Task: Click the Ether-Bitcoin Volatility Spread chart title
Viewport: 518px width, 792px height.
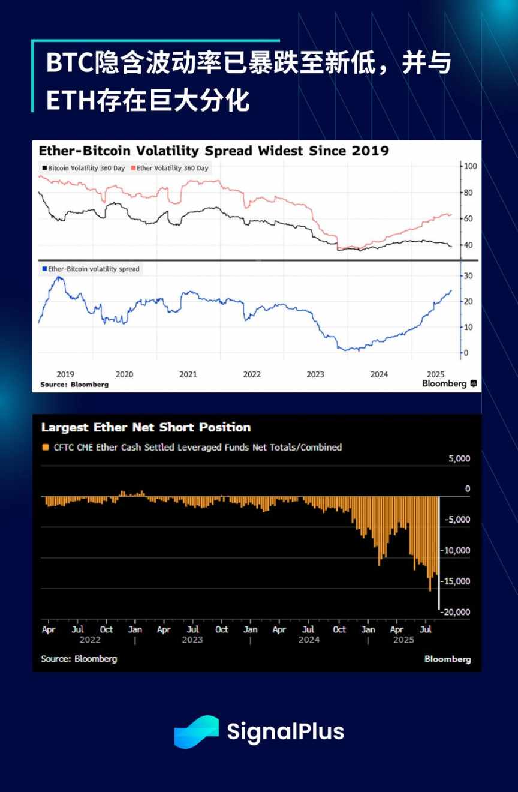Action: [x=213, y=151]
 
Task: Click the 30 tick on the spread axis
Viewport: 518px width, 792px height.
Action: [x=468, y=275]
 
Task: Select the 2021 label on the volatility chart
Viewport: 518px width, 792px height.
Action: [x=188, y=374]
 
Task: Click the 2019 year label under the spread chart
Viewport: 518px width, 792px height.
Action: [x=65, y=374]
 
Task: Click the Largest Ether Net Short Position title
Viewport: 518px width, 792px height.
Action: [x=146, y=427]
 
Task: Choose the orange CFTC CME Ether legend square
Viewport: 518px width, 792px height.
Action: [x=45, y=447]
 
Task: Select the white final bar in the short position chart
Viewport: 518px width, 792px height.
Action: [x=439, y=552]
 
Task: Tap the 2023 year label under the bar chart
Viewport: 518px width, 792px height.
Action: [x=192, y=640]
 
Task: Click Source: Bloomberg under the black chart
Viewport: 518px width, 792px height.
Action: [x=79, y=659]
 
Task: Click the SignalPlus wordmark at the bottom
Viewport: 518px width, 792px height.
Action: [x=285, y=731]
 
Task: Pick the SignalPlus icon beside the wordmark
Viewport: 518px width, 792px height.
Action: [x=196, y=731]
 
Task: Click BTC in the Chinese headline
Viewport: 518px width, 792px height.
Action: [x=70, y=64]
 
